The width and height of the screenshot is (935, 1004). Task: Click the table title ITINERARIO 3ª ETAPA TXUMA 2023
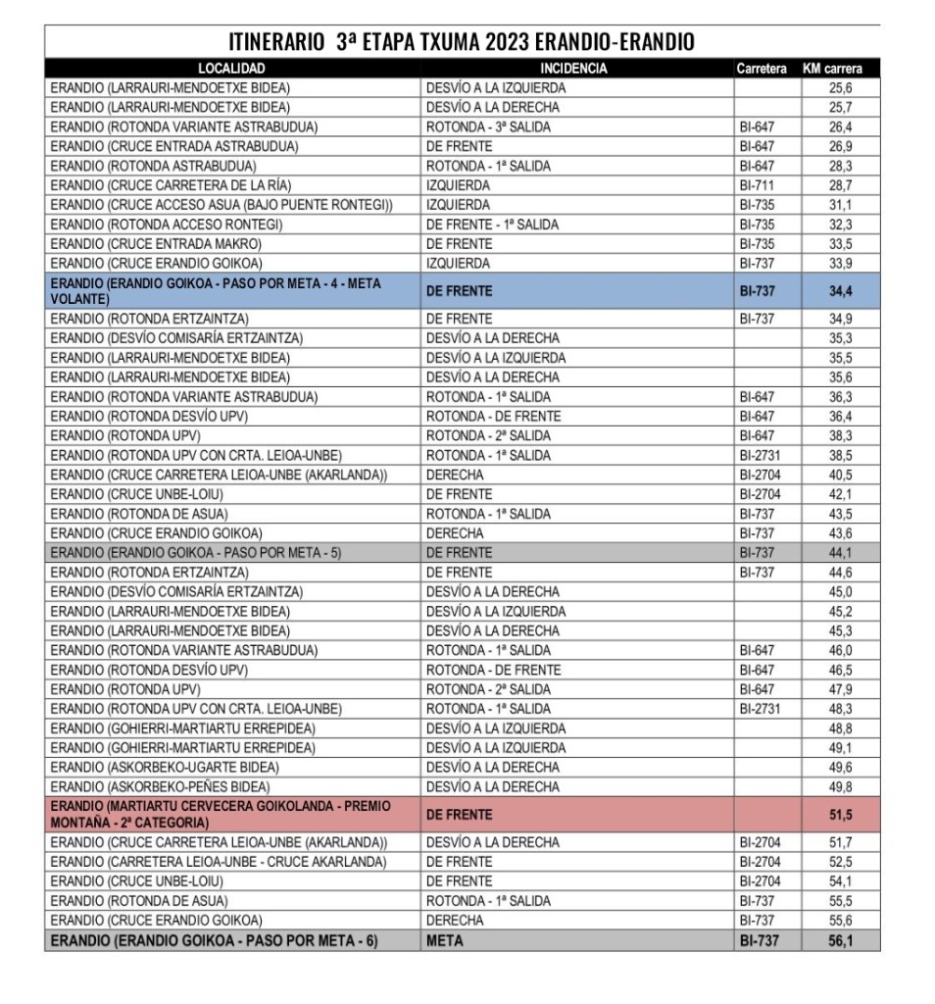tap(462, 42)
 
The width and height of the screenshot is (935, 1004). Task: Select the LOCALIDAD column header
tap(231, 69)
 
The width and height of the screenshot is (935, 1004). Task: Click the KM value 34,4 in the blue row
tap(840, 291)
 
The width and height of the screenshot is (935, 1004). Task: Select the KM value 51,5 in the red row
tap(840, 815)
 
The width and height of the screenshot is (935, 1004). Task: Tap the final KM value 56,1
tap(840, 941)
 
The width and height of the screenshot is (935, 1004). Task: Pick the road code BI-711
tap(757, 185)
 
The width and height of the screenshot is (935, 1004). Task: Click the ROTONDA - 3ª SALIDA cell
tap(488, 126)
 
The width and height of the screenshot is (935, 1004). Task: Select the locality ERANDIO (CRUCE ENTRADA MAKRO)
tap(156, 243)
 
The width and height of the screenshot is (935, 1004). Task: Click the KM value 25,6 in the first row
tap(840, 88)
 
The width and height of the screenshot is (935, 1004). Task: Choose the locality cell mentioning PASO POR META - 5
tap(196, 553)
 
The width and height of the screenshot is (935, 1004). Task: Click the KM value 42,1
tap(840, 494)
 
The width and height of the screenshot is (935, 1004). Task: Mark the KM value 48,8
tap(840, 728)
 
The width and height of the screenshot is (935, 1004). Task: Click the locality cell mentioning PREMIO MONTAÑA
tap(220, 814)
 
